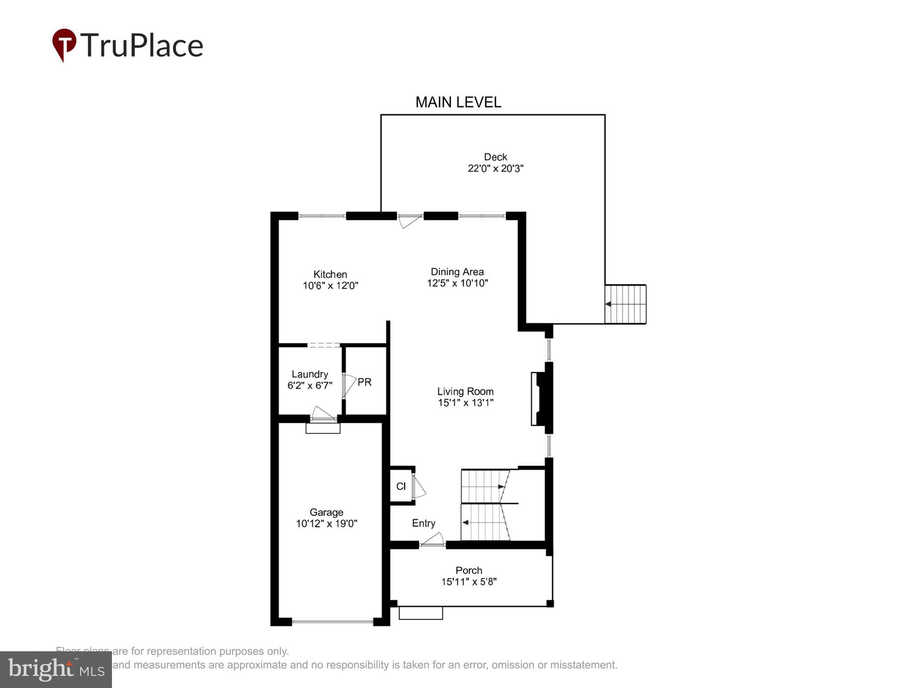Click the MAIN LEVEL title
(458, 102)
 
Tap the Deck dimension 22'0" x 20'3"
(495, 168)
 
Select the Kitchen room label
(330, 274)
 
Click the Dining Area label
(457, 271)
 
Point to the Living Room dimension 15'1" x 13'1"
(465, 403)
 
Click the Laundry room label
(309, 374)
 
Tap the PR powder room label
(364, 382)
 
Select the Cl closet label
(401, 486)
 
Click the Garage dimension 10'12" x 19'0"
(326, 523)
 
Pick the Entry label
(423, 523)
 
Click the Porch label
(468, 570)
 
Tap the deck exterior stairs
(626, 304)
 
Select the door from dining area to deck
(409, 220)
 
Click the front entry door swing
(433, 539)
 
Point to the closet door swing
(418, 487)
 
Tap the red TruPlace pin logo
(64, 44)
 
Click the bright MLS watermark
(56, 670)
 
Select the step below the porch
(420, 613)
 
